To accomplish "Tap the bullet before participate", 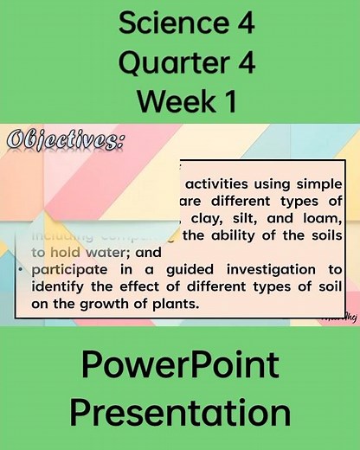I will click(20, 270).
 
